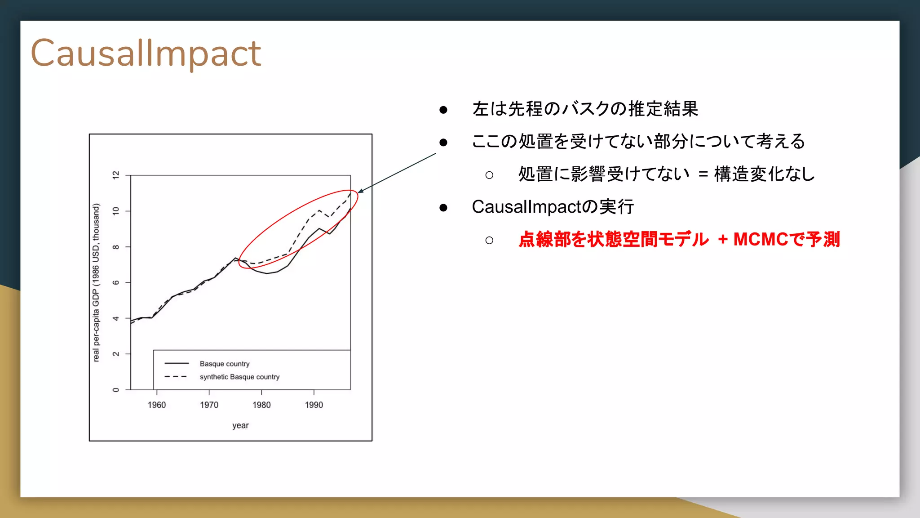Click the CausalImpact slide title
click(146, 54)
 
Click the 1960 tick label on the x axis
click(157, 405)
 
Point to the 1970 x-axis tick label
click(209, 405)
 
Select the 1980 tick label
click(261, 405)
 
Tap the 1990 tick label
click(314, 405)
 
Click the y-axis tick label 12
click(116, 175)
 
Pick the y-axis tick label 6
click(116, 282)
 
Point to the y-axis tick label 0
click(116, 390)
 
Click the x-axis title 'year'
click(240, 425)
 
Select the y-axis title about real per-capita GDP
click(96, 282)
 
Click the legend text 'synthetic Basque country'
click(239, 377)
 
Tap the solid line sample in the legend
click(177, 363)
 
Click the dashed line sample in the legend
click(176, 377)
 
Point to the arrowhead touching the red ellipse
click(360, 191)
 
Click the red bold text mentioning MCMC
click(678, 239)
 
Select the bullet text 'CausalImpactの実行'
click(553, 207)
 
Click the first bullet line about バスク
click(585, 109)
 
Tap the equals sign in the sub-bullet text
click(703, 174)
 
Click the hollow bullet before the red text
click(489, 240)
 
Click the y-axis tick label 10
click(116, 211)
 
